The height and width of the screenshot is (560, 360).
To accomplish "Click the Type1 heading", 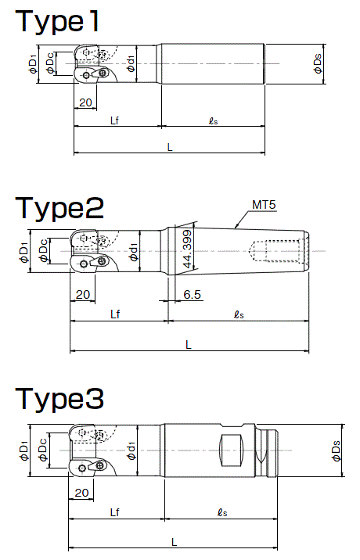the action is click(56, 21).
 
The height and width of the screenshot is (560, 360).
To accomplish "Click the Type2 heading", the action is click(59, 208).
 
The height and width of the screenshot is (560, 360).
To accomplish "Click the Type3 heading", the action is click(59, 399).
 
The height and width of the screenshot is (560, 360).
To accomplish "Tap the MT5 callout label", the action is click(264, 205).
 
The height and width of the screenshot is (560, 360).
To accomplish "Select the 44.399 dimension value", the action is click(187, 249).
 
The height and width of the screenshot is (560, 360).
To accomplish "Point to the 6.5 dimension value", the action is click(192, 295).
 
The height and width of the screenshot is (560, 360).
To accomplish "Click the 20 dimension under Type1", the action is click(85, 102).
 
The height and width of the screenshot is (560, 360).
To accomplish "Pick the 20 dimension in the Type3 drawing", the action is click(81, 493).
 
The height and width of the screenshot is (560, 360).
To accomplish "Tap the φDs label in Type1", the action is click(318, 64).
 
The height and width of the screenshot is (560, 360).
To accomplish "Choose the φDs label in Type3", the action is click(337, 451).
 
